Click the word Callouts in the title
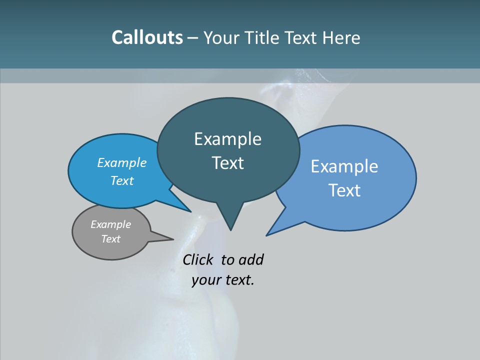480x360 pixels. [x=147, y=37]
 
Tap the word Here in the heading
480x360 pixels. [x=342, y=37]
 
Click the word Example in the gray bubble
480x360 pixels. [x=110, y=224]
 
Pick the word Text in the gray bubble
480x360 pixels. [x=110, y=239]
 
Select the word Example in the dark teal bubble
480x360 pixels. [x=227, y=139]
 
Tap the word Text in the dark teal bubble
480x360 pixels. [x=227, y=163]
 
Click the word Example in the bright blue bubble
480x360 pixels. [x=121, y=162]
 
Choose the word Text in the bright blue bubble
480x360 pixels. [x=121, y=180]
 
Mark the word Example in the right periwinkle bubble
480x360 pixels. [x=344, y=166]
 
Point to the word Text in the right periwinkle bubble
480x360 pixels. [x=344, y=190]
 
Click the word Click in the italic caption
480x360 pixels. [x=199, y=259]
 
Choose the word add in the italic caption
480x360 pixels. [x=251, y=259]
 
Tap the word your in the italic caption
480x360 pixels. [x=206, y=280]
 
